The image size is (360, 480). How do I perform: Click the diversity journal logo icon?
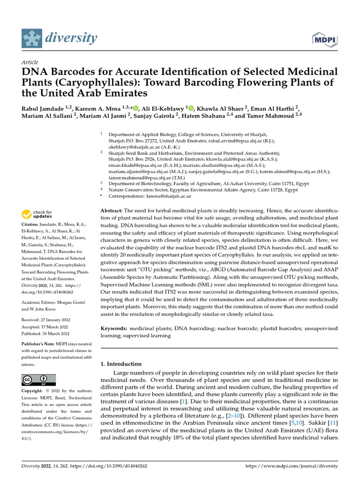(31, 38)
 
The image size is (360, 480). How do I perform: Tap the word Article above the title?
(30, 62)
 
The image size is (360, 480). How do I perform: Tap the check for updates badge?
(37, 215)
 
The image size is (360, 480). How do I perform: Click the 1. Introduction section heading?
(121, 364)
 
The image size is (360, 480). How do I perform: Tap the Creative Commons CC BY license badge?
(38, 380)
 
